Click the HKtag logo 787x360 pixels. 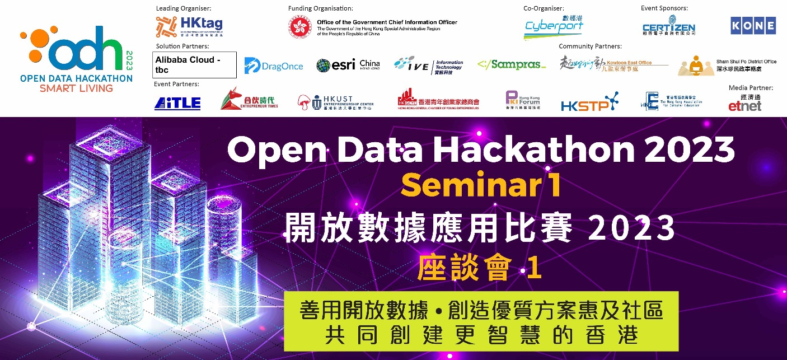189,26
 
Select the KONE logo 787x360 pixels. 753,26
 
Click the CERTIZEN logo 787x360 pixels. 668,27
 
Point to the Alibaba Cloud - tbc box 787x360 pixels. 194,65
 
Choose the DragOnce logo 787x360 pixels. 274,66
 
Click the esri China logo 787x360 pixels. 348,65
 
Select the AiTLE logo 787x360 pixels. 177,103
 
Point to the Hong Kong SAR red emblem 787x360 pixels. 300,26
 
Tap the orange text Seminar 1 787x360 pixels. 481,185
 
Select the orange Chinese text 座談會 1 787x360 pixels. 480,269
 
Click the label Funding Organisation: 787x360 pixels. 320,8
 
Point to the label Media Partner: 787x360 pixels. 751,88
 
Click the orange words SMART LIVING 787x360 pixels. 76,88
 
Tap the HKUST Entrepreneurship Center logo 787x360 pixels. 335,102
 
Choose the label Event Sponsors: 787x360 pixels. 664,8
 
